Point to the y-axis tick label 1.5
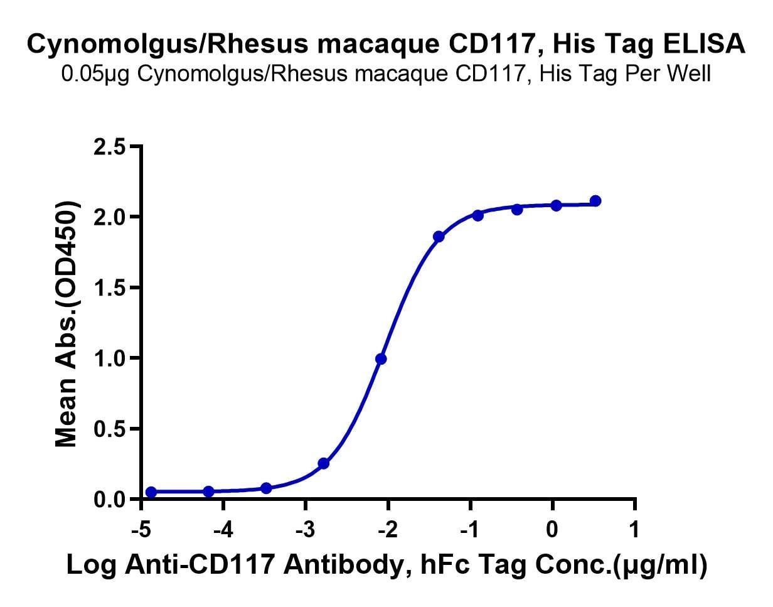click(x=110, y=287)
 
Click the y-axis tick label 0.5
click(x=110, y=429)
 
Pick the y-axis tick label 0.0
click(x=110, y=500)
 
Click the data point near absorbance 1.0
click(x=381, y=359)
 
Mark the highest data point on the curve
click(x=595, y=201)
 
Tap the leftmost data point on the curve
click(x=151, y=492)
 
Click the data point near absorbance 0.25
click(x=324, y=464)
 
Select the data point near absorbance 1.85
click(x=439, y=237)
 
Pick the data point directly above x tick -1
click(x=477, y=215)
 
